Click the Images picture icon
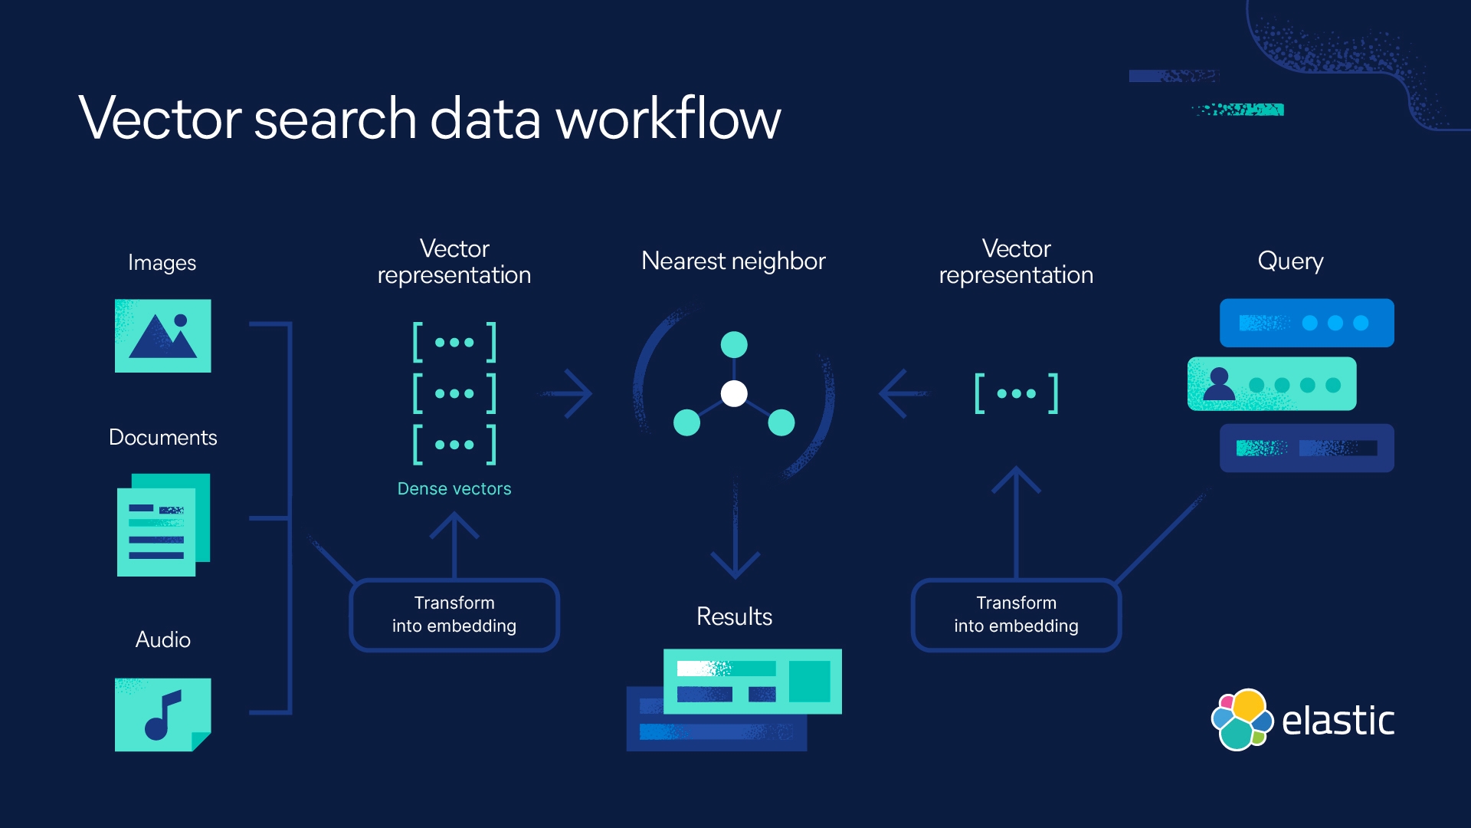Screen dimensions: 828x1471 pos(162,336)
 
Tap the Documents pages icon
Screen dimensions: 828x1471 pos(162,525)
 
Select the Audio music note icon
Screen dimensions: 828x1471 pos(162,715)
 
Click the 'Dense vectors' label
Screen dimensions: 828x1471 pos(454,489)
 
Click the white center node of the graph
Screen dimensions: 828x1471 pos(734,393)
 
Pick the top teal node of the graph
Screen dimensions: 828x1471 pos(734,344)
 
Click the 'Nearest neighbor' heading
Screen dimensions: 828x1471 pos(733,261)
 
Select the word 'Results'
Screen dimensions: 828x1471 pos(734,616)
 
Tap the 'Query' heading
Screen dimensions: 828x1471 pos(1290,261)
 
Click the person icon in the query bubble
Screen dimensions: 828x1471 pos(1219,383)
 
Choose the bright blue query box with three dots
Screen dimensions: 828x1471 pos(1306,323)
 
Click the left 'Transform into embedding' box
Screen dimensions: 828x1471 pos(454,615)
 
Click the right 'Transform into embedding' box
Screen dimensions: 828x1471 pos(1016,615)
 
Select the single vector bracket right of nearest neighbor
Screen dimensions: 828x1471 pos(1016,393)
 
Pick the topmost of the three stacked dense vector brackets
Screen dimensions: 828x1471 pos(454,342)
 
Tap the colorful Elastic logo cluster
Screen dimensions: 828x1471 pos(1241,720)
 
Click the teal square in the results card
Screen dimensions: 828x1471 pos(809,681)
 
